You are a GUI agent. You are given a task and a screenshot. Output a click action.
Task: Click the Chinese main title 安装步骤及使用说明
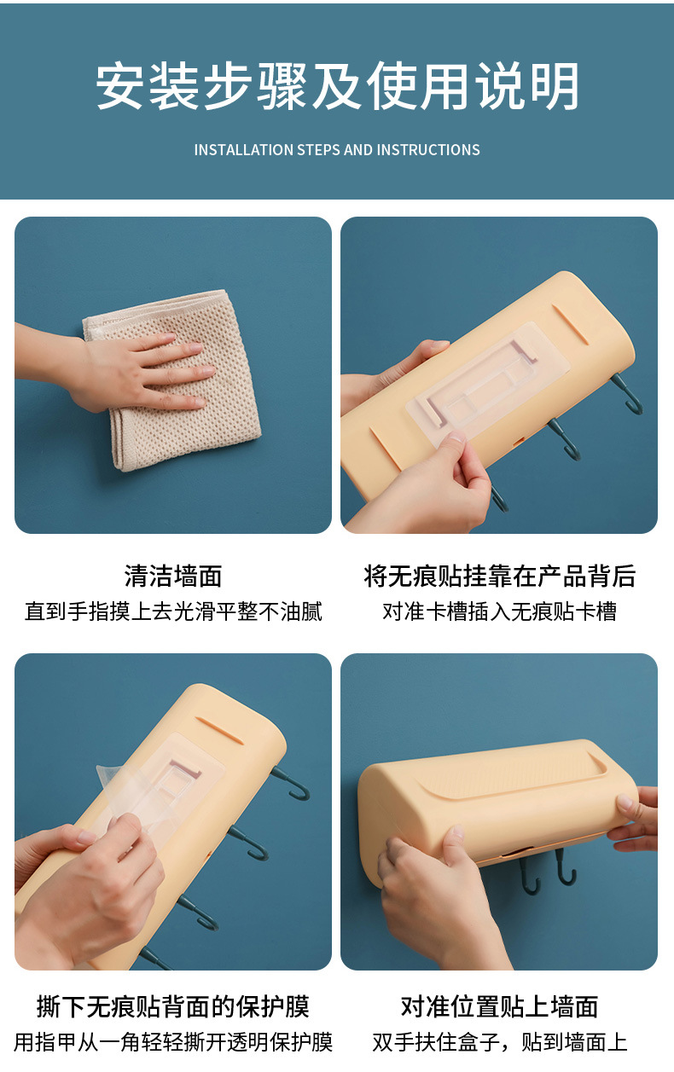tap(337, 87)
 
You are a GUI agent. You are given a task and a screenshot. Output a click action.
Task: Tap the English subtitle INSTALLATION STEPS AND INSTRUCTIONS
tap(337, 150)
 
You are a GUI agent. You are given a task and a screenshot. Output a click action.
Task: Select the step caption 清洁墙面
tap(173, 577)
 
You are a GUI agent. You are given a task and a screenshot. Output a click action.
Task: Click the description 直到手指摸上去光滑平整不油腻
tap(173, 611)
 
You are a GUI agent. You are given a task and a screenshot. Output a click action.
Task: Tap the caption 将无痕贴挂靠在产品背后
tap(499, 577)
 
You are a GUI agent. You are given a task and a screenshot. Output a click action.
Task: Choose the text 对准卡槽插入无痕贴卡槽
tap(499, 611)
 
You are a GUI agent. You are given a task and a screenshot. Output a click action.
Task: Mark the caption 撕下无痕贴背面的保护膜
tap(173, 1006)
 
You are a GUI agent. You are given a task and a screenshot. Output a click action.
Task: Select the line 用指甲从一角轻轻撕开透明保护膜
tap(173, 1041)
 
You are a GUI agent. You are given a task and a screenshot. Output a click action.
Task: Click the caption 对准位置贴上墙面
tap(499, 1006)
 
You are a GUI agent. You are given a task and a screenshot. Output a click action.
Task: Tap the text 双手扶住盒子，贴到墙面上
tap(499, 1041)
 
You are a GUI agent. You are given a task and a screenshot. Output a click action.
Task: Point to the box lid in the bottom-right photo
tap(512, 772)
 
